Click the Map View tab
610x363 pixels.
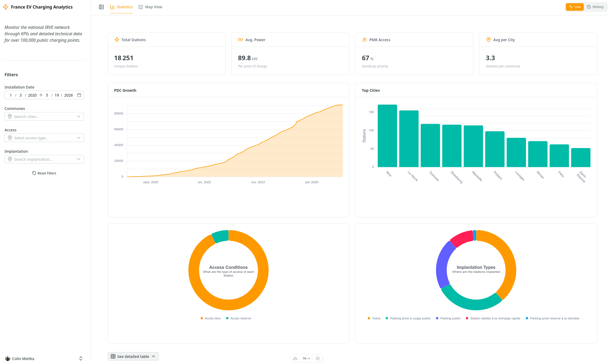[x=150, y=7]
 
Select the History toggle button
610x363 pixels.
[x=595, y=7]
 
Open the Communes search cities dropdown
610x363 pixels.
[x=44, y=116]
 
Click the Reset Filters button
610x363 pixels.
[x=44, y=173]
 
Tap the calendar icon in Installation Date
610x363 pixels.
[x=79, y=95]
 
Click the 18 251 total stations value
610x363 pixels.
[x=124, y=58]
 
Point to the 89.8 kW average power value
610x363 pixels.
[x=247, y=58]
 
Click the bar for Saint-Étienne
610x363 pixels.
[x=581, y=158]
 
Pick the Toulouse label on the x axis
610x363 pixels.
[x=434, y=176]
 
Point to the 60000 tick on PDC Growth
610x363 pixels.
[x=119, y=129]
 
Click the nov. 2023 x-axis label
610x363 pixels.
[x=258, y=182]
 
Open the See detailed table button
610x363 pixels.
[x=133, y=356]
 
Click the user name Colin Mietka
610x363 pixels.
[x=23, y=359]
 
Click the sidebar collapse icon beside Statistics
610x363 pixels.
[x=101, y=7]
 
